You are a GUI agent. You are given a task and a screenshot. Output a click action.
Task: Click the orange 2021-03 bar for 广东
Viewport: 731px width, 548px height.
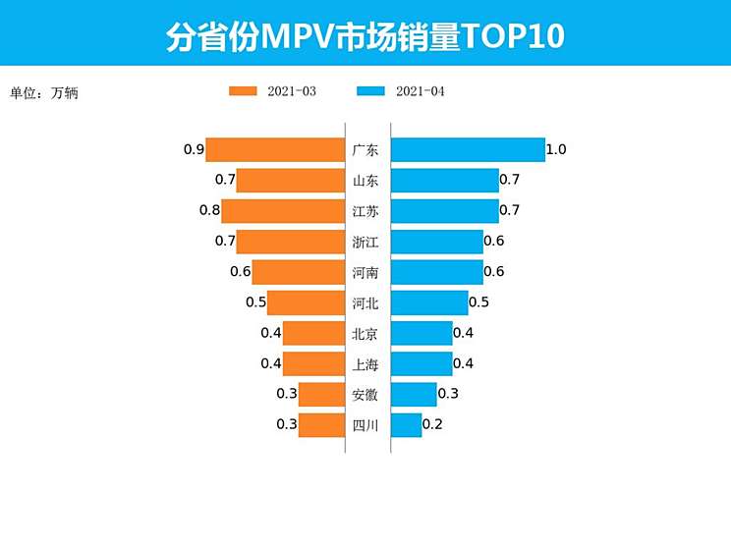click(x=275, y=149)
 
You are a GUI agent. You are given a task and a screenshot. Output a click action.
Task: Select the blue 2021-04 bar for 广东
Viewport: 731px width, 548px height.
click(x=468, y=149)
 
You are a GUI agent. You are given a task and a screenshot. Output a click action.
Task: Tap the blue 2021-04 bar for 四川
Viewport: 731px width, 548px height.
click(x=406, y=425)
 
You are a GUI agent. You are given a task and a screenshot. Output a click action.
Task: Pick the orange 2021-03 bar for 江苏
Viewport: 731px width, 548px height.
click(x=283, y=210)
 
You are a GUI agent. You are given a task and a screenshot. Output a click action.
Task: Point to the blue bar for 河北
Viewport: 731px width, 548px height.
click(x=429, y=302)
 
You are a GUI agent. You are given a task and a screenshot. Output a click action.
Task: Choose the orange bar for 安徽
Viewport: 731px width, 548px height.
click(x=321, y=395)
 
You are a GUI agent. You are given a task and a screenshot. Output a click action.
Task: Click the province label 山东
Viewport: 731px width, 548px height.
click(x=365, y=181)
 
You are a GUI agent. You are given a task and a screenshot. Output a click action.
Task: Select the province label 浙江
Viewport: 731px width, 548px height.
click(x=365, y=242)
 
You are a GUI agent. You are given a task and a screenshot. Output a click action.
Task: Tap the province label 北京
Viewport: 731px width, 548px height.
click(x=365, y=334)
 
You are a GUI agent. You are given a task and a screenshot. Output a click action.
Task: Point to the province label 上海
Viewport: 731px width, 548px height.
click(x=365, y=364)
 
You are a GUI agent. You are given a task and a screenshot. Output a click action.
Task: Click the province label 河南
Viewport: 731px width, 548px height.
click(x=365, y=272)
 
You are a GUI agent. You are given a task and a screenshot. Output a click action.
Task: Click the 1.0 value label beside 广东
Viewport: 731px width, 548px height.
click(x=556, y=150)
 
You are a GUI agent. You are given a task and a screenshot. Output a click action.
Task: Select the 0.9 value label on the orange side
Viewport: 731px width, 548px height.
click(x=194, y=150)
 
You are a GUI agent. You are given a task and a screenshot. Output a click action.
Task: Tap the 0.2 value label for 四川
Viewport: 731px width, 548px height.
click(x=432, y=425)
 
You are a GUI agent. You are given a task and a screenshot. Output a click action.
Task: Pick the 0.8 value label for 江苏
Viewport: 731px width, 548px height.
click(x=209, y=210)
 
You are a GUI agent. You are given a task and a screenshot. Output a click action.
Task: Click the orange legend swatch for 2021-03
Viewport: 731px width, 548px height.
click(x=243, y=91)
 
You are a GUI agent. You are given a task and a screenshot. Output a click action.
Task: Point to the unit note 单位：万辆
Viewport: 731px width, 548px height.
click(x=43, y=93)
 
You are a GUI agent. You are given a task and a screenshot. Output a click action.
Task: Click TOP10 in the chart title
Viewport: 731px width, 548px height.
click(x=512, y=36)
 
